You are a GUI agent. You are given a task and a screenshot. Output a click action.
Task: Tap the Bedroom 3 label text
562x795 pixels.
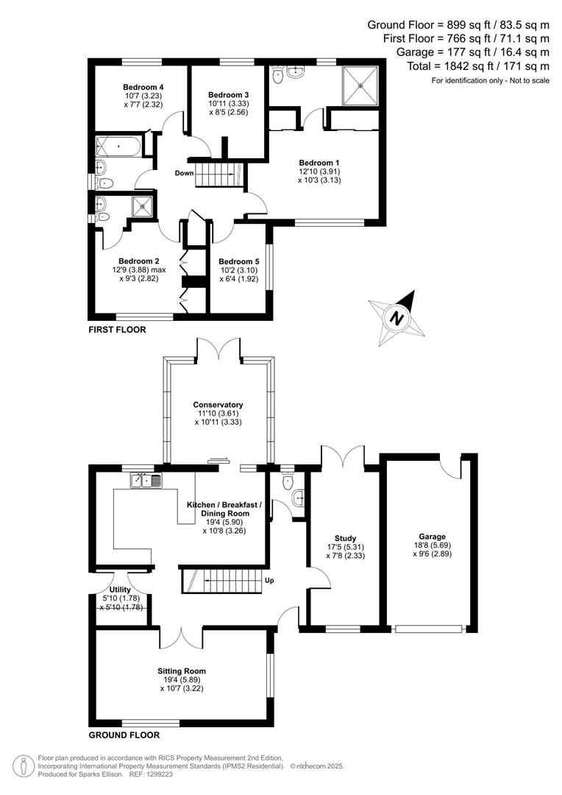click(228, 95)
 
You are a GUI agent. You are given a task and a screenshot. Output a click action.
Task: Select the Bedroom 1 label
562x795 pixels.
click(319, 162)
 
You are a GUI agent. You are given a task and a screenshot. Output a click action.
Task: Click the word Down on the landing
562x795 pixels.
click(185, 174)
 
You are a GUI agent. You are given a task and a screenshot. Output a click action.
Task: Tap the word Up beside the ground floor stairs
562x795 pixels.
click(270, 580)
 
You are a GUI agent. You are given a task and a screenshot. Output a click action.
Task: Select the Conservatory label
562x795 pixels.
click(218, 405)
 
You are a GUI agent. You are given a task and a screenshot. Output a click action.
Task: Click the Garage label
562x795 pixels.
click(433, 537)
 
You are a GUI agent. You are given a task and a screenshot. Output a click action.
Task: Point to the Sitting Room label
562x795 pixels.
click(181, 671)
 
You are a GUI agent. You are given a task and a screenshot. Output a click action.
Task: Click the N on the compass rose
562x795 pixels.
click(397, 319)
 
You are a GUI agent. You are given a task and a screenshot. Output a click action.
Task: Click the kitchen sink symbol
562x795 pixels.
click(146, 481)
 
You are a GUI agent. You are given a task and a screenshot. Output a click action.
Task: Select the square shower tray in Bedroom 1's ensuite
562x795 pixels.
click(360, 85)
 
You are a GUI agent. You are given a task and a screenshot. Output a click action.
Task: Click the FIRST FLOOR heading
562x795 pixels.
click(116, 330)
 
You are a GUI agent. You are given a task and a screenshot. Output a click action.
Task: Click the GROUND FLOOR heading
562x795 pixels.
click(124, 735)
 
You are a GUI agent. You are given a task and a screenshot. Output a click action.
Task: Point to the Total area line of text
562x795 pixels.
click(478, 66)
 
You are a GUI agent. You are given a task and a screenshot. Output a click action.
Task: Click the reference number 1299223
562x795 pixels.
click(163, 774)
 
